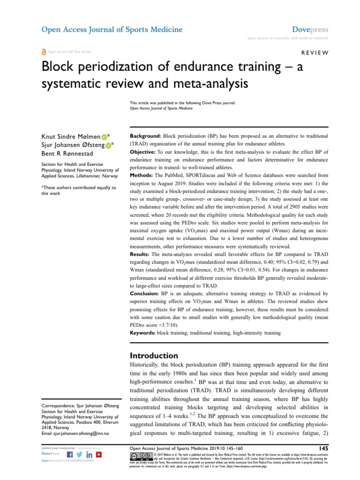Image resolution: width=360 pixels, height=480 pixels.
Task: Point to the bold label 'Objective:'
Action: tap(144, 152)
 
